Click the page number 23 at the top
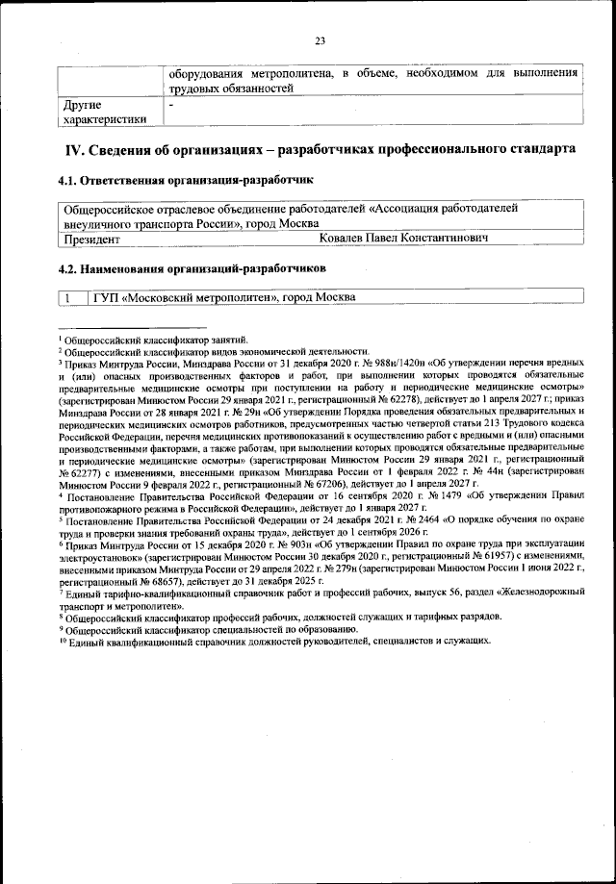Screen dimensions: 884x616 click(x=320, y=40)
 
